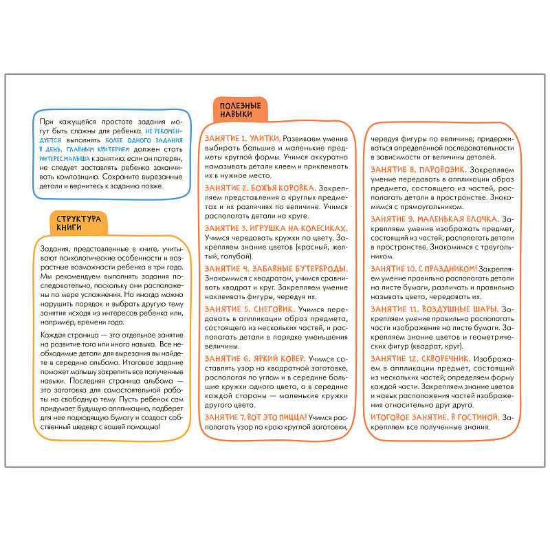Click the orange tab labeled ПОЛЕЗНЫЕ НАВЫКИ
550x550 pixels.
[x=240, y=110]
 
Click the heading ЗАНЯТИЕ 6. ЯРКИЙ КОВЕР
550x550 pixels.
[x=255, y=358]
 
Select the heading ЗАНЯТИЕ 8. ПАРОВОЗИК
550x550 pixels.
[x=419, y=168]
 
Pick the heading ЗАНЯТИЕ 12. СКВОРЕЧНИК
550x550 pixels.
[x=420, y=358]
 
